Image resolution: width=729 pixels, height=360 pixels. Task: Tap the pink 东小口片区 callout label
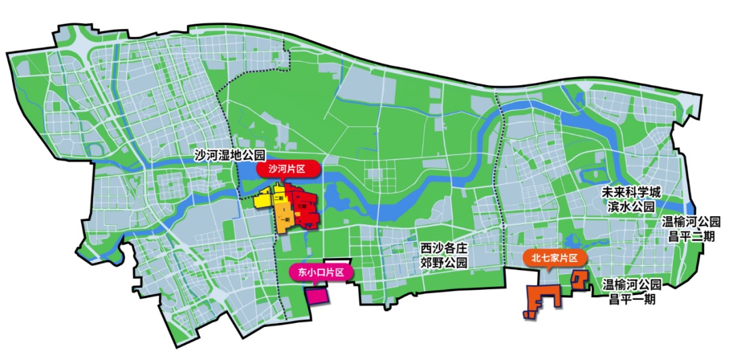(317, 272)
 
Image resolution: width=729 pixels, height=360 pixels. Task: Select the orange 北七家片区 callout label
(554, 258)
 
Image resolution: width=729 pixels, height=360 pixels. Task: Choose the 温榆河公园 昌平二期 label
(691, 228)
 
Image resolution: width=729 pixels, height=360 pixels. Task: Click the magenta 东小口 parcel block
(315, 295)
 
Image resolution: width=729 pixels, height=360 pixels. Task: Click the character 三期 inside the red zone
(303, 206)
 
